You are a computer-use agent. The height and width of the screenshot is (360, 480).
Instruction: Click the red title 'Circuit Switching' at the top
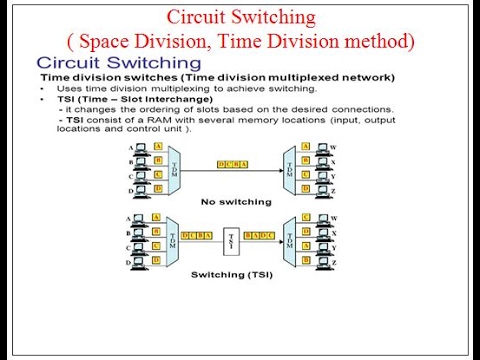tap(240, 17)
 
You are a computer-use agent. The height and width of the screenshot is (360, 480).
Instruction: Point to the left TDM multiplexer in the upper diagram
tap(178, 163)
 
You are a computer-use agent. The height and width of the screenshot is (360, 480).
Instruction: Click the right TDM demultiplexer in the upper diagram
tap(289, 163)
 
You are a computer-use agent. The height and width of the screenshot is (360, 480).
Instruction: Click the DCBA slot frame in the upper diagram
tap(234, 163)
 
